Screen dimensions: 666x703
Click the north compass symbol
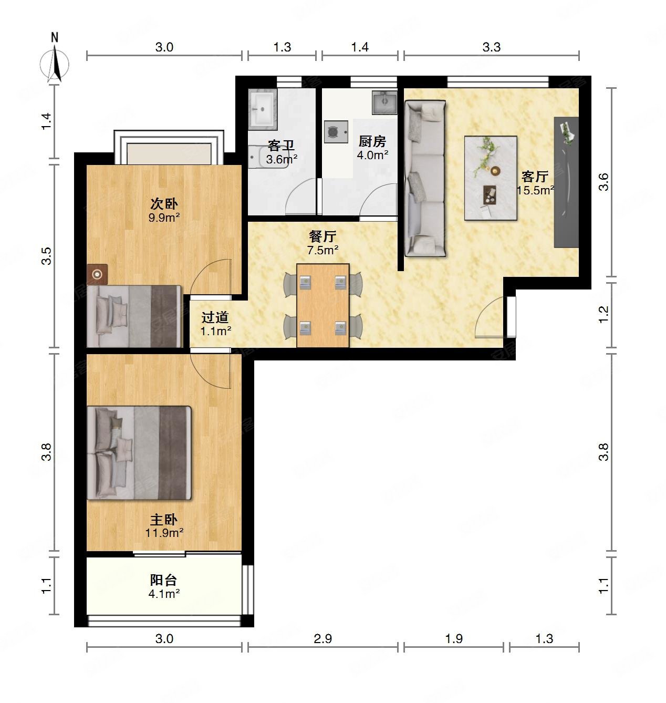(54, 61)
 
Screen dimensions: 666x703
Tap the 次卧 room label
(164, 204)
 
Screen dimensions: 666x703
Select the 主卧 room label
(164, 520)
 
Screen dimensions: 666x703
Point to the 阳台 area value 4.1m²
(164, 594)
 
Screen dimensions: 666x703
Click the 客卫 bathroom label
(281, 146)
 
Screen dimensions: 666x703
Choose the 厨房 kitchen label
(372, 142)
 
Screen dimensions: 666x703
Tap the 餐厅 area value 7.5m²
(322, 250)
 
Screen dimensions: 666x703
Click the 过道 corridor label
(215, 317)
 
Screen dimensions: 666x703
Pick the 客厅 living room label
(535, 177)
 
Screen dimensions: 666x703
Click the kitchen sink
(384, 102)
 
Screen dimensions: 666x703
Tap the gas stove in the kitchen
(336, 132)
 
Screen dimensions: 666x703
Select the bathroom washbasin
(263, 109)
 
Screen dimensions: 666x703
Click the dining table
(323, 305)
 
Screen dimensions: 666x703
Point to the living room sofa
(425, 178)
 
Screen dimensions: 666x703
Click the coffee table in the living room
(491, 178)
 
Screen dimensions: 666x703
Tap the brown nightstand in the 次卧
(97, 274)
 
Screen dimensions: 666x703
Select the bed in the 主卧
(139, 453)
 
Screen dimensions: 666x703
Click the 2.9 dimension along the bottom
(323, 638)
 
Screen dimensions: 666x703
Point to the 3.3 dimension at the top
(492, 47)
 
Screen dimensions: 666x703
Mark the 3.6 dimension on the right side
(603, 182)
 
